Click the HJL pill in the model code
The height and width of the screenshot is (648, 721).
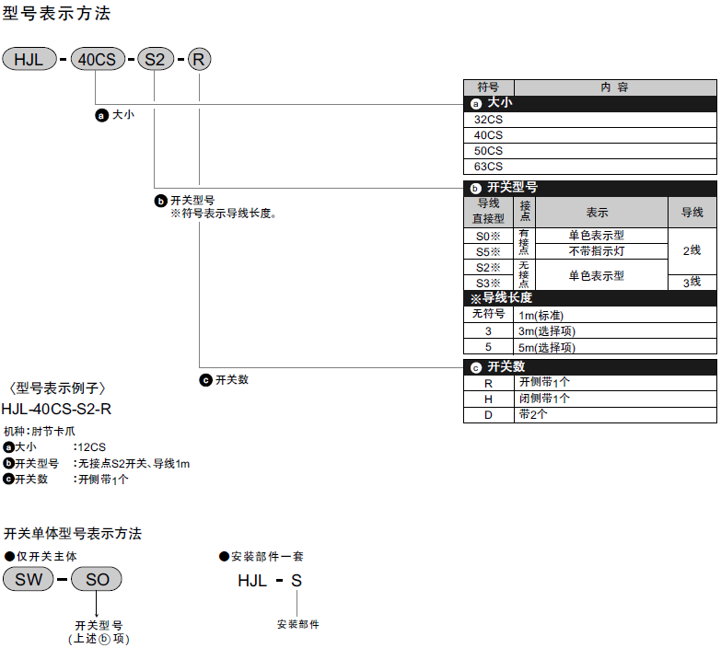point(30,60)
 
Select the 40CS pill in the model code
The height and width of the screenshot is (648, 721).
point(97,60)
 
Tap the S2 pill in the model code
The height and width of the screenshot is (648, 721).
point(155,60)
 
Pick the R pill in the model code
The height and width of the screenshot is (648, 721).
point(200,60)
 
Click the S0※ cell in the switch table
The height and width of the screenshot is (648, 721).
point(488,236)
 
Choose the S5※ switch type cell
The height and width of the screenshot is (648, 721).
point(488,251)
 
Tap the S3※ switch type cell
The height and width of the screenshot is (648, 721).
point(488,283)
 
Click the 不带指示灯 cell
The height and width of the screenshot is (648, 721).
point(596,251)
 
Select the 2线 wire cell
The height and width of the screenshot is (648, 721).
point(692,250)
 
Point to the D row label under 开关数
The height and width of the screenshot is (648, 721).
point(488,414)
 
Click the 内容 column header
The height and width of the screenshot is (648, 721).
point(614,87)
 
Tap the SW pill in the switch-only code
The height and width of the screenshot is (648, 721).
point(29,579)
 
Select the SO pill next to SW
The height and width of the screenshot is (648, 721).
point(97,579)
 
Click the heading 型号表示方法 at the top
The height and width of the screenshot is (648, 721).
point(56,15)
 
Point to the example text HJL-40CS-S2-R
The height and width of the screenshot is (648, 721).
point(56,409)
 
